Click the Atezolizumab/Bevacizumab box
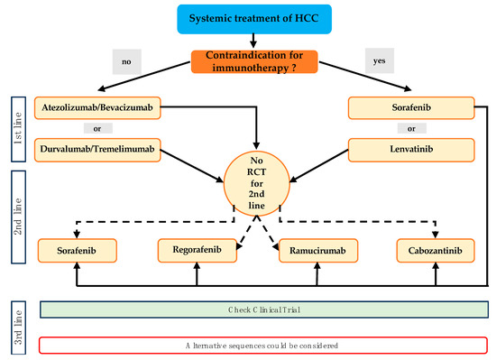click(97, 109)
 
